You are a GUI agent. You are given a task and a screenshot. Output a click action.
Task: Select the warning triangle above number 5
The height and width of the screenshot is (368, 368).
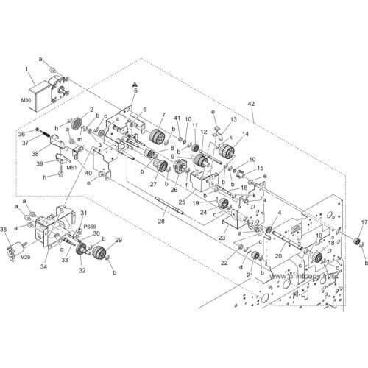pos(135,84)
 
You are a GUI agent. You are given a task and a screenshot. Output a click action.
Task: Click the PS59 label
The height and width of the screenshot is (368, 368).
pos(90,227)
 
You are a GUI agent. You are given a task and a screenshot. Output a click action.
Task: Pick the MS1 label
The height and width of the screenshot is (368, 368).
pos(73,167)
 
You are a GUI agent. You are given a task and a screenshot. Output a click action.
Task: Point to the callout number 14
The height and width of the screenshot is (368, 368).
pos(245,133)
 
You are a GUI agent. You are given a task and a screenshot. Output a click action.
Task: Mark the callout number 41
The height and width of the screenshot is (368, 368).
pos(177,118)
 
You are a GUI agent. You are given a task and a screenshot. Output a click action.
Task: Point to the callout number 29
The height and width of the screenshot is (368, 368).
pos(118,240)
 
